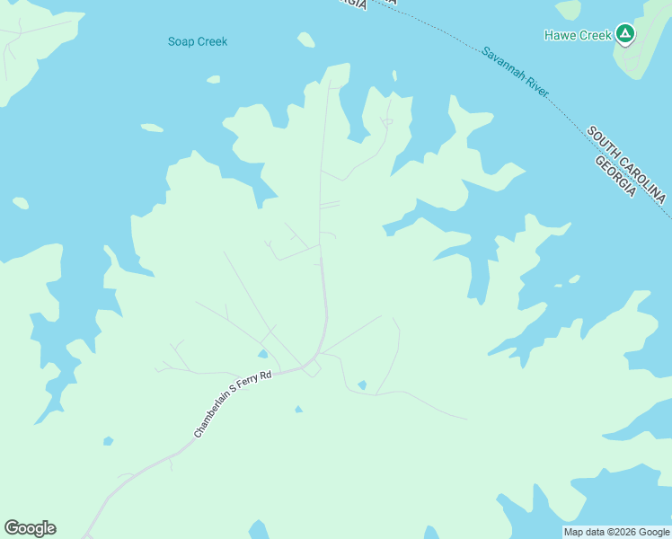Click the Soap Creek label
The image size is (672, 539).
tap(198, 41)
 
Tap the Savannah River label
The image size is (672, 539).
tap(515, 73)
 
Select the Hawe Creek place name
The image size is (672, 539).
tap(578, 36)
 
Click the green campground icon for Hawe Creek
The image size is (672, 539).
tap(625, 35)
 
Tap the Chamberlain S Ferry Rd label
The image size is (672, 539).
tap(232, 406)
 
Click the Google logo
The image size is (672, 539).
tap(30, 528)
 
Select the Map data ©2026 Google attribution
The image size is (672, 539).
tap(616, 532)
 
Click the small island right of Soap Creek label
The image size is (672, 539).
tap(306, 40)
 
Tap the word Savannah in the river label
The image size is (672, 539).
tap(501, 62)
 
